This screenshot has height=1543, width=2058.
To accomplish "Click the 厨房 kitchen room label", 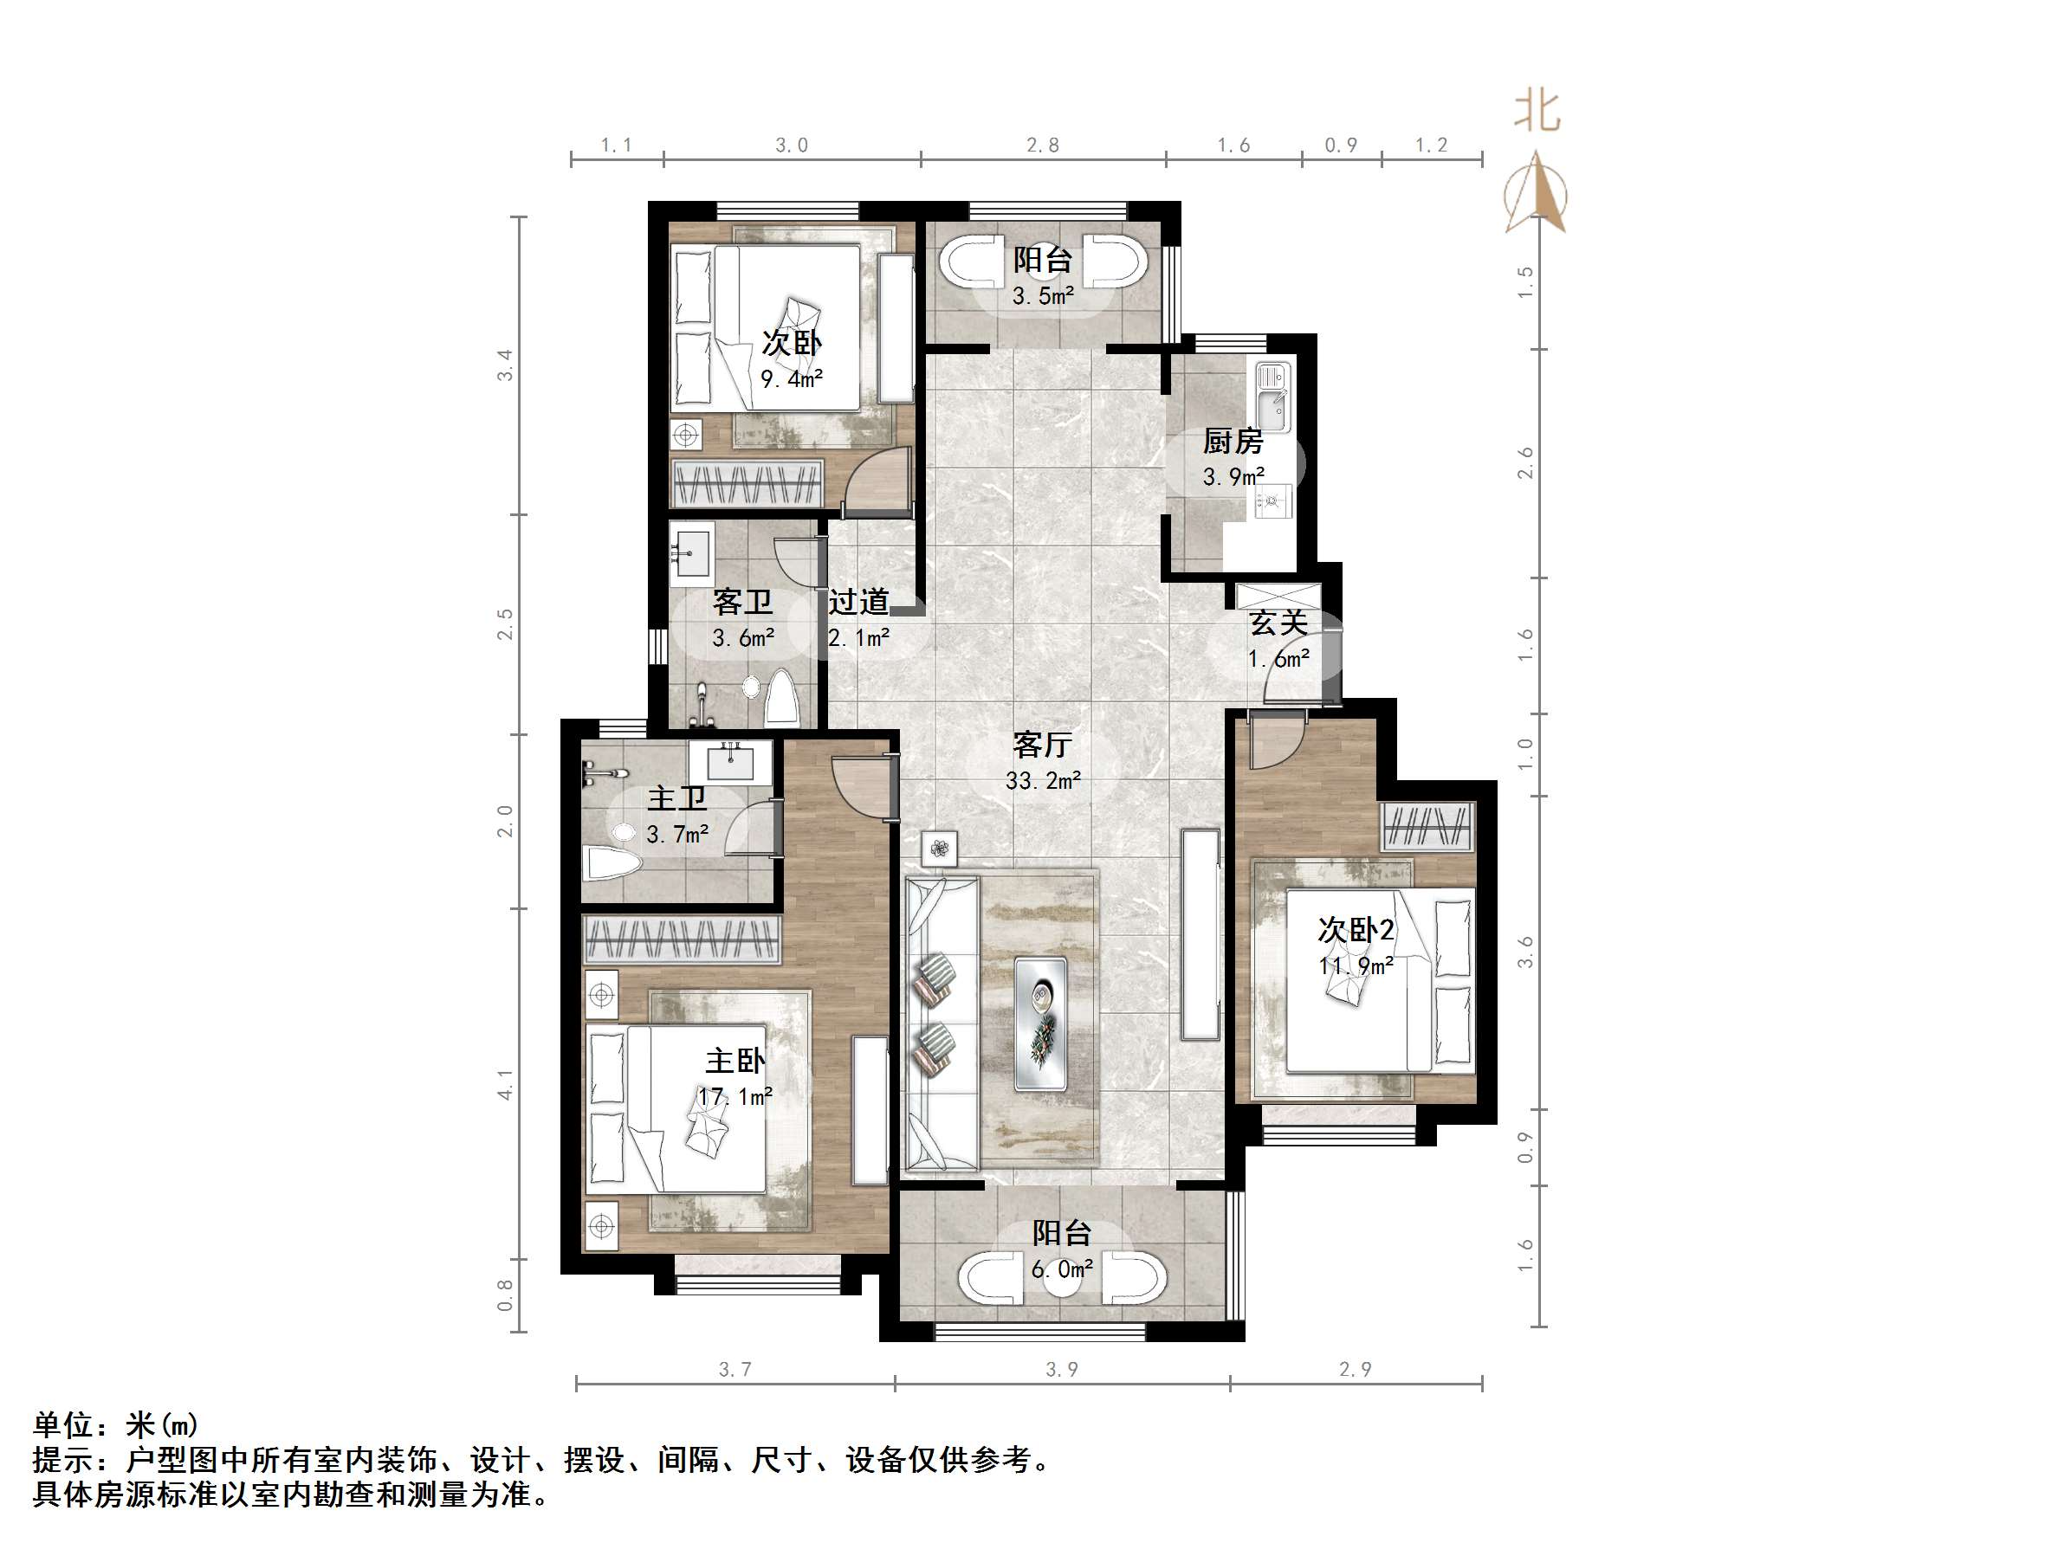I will tap(1233, 441).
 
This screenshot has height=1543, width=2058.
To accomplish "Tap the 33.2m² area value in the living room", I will tap(1043, 780).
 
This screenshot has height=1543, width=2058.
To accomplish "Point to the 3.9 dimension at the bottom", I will tap(1062, 1369).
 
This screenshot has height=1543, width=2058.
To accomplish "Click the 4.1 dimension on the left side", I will tap(504, 1083).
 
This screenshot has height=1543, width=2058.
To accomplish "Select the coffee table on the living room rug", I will tap(1040, 1023).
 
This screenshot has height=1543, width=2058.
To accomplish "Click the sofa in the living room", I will tap(941, 1023).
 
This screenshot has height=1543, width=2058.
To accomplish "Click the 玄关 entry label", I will tap(1278, 623).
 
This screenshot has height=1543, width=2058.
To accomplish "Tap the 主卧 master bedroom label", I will tap(735, 1062).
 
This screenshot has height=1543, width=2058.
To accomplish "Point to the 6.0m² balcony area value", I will tap(1062, 1269).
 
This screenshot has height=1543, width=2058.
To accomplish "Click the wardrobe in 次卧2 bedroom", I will tap(1427, 826).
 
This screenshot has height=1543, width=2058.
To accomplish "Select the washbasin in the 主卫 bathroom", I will tap(730, 762).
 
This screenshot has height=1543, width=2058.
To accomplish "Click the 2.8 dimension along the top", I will tap(1043, 145).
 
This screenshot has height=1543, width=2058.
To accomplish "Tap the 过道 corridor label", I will tap(858, 602).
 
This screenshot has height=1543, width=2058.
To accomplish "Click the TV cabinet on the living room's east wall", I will tap(1200, 933).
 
